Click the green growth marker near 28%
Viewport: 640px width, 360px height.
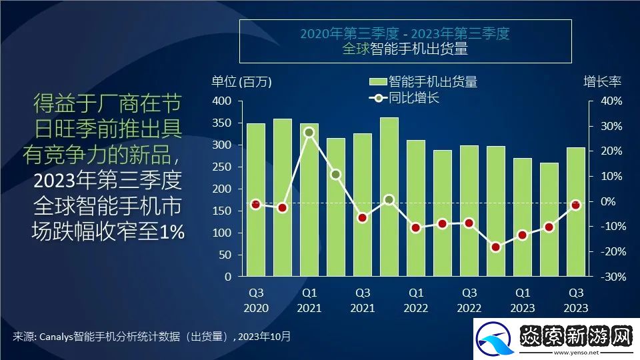point(309,132)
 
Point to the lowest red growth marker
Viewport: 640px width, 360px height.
point(495,247)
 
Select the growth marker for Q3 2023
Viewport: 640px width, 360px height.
point(575,205)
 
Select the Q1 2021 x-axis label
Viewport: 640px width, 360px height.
point(309,300)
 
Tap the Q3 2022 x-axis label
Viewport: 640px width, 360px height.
point(469,300)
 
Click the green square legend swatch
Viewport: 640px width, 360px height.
point(378,82)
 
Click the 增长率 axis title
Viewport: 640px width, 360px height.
point(602,81)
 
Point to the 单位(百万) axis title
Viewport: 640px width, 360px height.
point(241,81)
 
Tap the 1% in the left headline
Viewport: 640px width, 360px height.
point(171,231)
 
